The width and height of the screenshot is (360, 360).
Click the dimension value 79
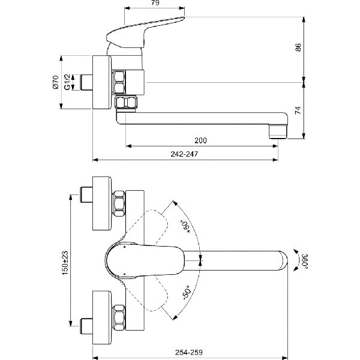(154, 4)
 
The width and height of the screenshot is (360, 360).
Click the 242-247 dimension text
(184, 154)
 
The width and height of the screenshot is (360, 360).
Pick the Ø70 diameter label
(55, 82)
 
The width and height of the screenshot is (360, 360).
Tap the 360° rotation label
(305, 260)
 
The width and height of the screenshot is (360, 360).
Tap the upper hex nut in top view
(119, 203)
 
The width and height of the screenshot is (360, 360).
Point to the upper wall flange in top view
(101, 203)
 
